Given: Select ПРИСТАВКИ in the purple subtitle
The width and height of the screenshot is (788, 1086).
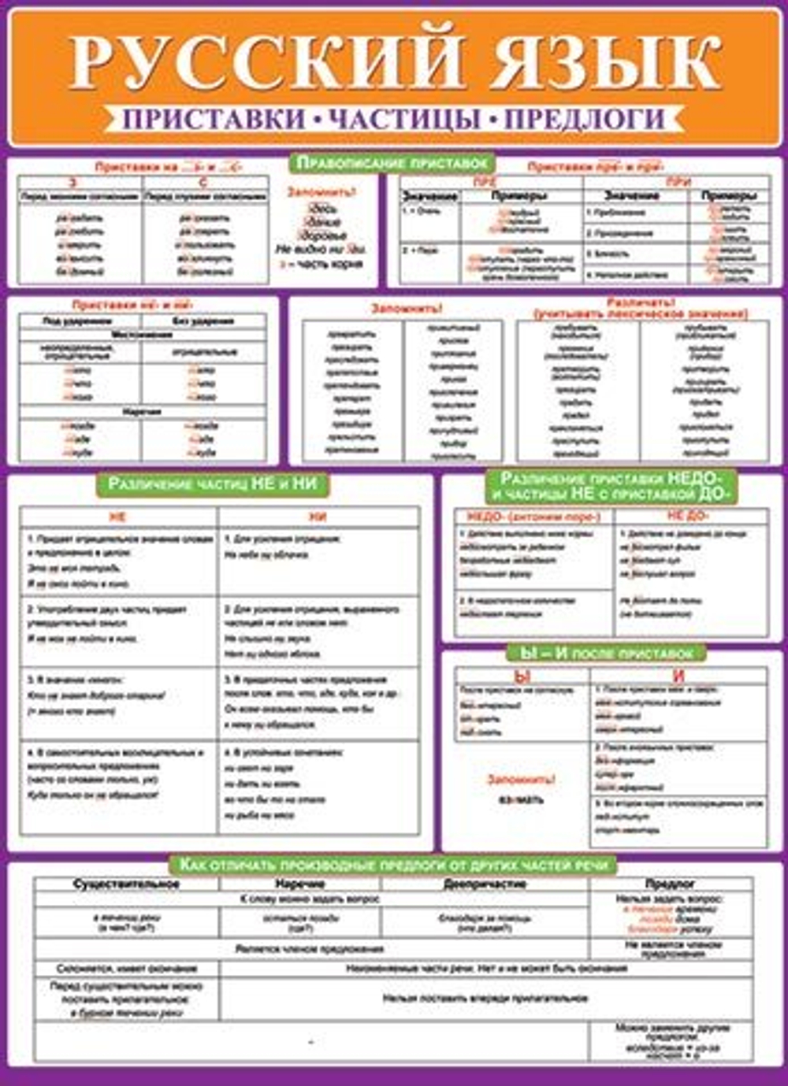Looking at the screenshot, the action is [214, 119].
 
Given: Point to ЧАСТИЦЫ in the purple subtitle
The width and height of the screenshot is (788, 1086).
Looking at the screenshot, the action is [404, 119].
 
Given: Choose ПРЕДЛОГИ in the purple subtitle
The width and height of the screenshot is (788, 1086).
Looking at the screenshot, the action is [584, 119].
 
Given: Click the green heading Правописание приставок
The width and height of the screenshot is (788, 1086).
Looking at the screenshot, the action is [393, 163].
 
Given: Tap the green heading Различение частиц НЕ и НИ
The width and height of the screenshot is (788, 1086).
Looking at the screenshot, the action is [212, 484].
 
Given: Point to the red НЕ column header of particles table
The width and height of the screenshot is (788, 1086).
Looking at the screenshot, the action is [117, 517].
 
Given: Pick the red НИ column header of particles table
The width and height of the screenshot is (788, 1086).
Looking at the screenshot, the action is [318, 517].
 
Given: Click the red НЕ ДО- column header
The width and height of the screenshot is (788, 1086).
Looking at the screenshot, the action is [688, 516].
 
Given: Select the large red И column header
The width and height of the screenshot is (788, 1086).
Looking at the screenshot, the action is [678, 676].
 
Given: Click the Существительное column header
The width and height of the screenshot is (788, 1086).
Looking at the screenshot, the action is [126, 884].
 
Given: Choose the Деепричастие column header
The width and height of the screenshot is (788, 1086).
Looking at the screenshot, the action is [484, 884].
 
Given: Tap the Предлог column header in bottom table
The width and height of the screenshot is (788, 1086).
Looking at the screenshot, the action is [670, 884].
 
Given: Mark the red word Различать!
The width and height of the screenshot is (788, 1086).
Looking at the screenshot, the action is [640, 302].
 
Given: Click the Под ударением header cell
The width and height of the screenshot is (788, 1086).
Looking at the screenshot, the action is [78, 321].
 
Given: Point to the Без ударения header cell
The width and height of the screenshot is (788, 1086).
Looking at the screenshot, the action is [203, 321].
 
